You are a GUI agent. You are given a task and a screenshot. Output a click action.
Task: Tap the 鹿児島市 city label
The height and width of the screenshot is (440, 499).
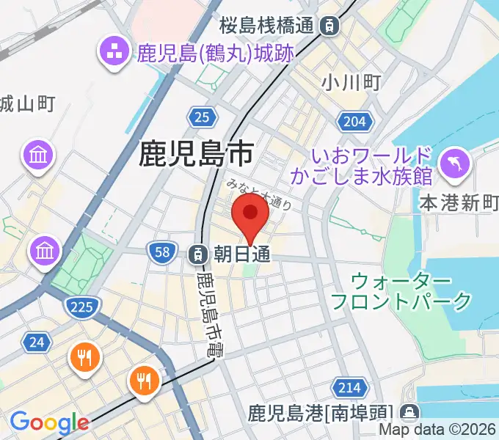coord(196,153)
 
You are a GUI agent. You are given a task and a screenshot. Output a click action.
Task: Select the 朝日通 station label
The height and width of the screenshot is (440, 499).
coord(242,254)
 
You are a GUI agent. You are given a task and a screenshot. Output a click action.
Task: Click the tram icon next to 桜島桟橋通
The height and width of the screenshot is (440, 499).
coord(330,26)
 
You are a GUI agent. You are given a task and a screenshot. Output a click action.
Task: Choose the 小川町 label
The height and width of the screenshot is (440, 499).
coord(351,82)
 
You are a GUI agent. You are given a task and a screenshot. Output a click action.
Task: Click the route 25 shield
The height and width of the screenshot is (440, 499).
coord(202,115)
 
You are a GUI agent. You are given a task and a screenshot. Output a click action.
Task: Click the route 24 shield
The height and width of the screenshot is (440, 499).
coord(36,341)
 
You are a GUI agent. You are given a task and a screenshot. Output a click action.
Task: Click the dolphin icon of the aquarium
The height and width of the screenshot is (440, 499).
coord(454,162)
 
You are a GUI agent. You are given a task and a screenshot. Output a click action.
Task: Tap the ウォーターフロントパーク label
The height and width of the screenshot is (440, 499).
coord(401,290)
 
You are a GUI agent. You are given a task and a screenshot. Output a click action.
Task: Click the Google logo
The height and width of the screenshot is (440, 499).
coord(49,422)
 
